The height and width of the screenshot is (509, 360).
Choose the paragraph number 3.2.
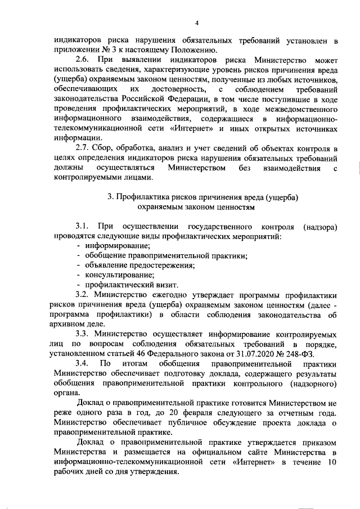tap(83, 294)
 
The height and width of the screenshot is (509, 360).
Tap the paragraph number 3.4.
tap(83, 364)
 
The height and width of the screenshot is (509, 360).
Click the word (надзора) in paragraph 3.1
tap(319, 227)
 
